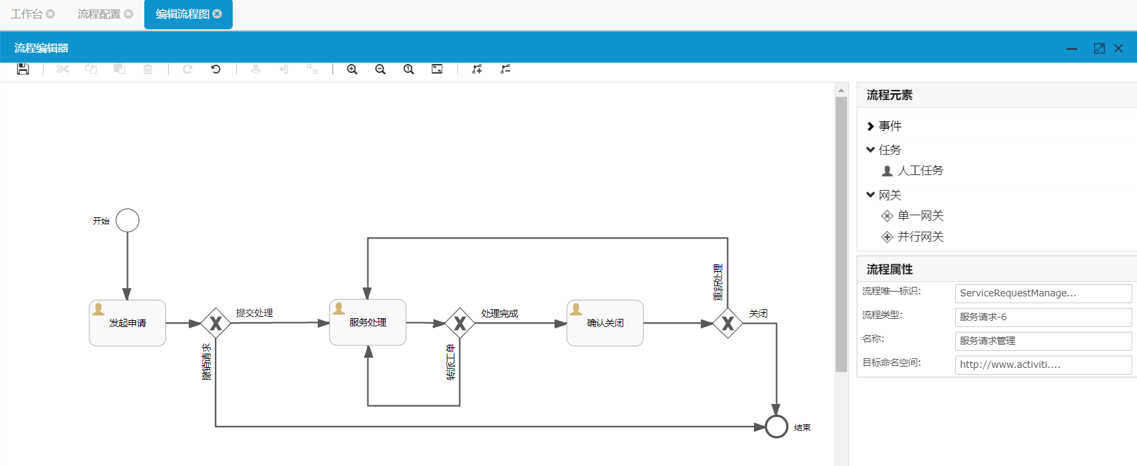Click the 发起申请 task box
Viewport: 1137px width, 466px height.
tap(127, 323)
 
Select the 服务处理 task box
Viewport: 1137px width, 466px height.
tap(367, 322)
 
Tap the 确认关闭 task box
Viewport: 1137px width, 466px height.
tap(605, 323)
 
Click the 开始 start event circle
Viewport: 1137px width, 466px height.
tap(127, 221)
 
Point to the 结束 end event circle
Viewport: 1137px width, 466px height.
tap(776, 426)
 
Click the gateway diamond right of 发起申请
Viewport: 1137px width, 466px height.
tap(216, 323)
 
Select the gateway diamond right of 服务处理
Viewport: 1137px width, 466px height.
tap(460, 323)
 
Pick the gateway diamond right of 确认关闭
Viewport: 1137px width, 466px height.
tap(727, 323)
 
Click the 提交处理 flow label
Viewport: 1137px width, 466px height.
tap(254, 313)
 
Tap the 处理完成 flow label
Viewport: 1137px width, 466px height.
tap(499, 313)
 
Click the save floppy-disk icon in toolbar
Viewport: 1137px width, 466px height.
tap(23, 69)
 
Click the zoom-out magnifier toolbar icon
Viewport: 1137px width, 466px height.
tap(380, 69)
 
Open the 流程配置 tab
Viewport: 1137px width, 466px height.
tap(99, 14)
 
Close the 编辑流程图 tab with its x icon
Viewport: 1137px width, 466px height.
tap(218, 14)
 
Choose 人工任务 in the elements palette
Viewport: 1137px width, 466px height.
tap(920, 170)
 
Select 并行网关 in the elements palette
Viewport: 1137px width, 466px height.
tap(920, 236)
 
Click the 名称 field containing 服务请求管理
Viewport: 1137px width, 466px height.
tap(1043, 341)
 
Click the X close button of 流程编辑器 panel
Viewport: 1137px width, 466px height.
tap(1119, 48)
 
